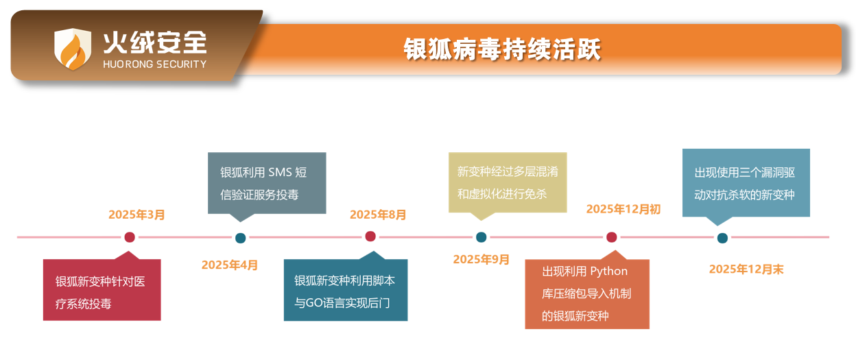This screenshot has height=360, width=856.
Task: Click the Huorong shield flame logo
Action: click(x=73, y=49)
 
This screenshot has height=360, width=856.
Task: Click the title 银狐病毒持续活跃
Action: click(x=502, y=50)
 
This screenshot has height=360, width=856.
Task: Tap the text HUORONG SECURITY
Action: click(x=154, y=64)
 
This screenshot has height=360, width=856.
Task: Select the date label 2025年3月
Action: click(x=136, y=215)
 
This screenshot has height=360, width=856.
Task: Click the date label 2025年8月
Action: click(x=378, y=215)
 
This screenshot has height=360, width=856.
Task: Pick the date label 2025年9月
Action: click(x=481, y=259)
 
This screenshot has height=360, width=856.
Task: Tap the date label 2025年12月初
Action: click(x=623, y=209)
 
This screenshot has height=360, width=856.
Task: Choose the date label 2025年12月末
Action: click(x=746, y=269)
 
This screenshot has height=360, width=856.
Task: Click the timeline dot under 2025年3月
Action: click(x=130, y=237)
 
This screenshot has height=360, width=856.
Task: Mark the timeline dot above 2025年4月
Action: click(x=240, y=238)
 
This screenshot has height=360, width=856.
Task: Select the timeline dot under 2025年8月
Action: click(x=370, y=237)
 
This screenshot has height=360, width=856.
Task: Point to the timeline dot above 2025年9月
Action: click(x=481, y=237)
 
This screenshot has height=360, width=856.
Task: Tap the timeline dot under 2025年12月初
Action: click(x=611, y=237)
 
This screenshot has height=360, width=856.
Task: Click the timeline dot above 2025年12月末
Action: click(x=722, y=238)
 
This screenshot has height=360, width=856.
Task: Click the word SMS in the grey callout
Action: click(x=280, y=171)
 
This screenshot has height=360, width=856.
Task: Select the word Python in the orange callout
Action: click(x=608, y=271)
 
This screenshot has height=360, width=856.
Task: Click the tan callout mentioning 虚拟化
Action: click(x=508, y=182)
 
